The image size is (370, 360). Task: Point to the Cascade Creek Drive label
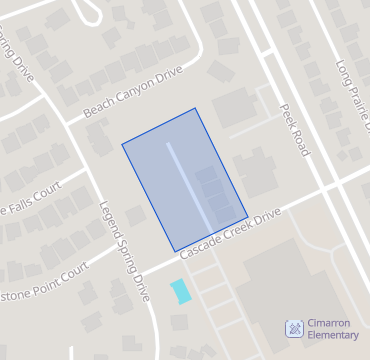coord(231,236)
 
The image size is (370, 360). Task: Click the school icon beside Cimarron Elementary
coord(294,328)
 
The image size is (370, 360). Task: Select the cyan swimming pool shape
coord(180,291)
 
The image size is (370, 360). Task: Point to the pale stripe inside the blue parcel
coord(188,185)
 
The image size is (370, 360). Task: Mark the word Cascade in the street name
coord(200,249)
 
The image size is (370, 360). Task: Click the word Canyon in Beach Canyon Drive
coord(134,92)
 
